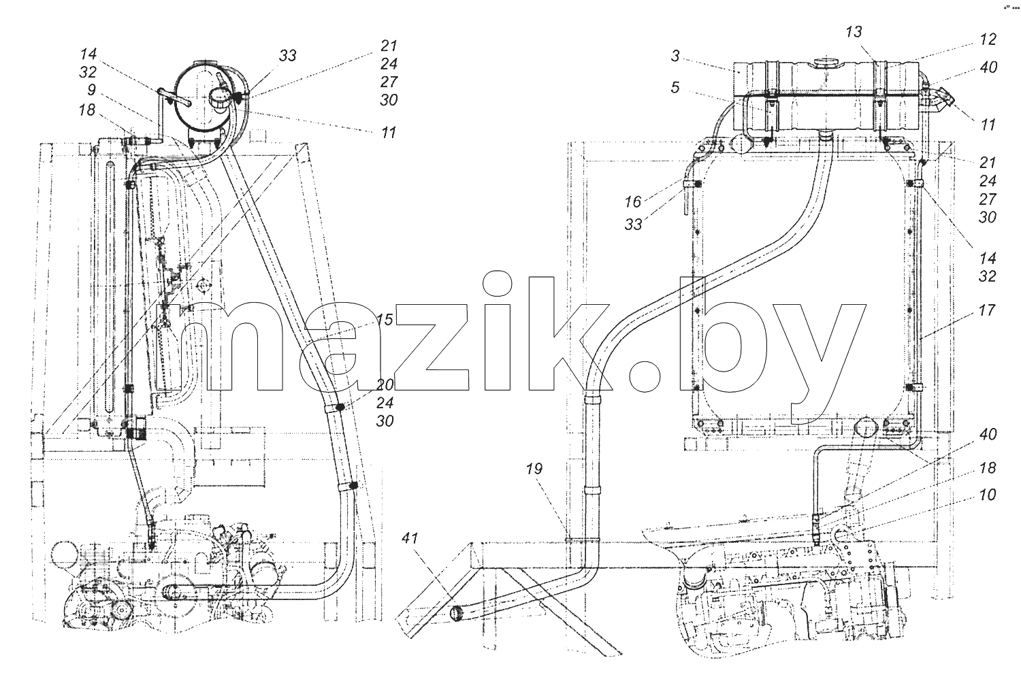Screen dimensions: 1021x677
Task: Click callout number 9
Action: click(x=92, y=90)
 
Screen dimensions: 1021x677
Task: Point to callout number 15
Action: click(x=385, y=320)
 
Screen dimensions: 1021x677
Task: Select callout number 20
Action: click(x=385, y=385)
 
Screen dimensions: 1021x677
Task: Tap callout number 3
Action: click(x=675, y=56)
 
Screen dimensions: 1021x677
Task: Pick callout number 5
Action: click(x=675, y=87)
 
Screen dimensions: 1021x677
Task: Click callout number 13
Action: click(x=854, y=32)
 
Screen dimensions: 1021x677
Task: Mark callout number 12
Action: click(x=988, y=39)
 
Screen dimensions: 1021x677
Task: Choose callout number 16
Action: click(x=632, y=201)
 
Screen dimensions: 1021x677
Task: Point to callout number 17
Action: click(x=986, y=311)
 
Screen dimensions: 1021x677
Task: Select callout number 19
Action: click(x=534, y=468)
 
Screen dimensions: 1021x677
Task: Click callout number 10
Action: click(x=987, y=495)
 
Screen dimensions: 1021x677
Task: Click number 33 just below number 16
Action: click(x=633, y=224)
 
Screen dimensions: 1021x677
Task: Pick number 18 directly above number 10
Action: click(x=987, y=468)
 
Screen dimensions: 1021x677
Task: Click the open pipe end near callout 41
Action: click(x=457, y=613)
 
